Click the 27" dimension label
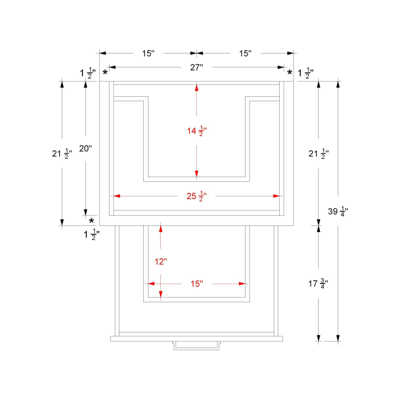pos(196,67)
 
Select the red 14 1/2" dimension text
pos(197,131)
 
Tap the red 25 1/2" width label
pos(196,196)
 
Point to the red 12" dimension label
pos(161,261)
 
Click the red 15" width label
pos(197,283)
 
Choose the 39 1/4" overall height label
pos(338,211)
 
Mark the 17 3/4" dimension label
pos(318,283)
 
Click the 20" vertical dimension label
pos(86,148)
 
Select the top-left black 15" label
pos(148,53)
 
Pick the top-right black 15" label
pos(245,53)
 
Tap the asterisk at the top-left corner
pos(105,72)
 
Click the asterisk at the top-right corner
pos(290,72)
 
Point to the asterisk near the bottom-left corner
pos(91,221)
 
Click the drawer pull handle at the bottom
pos(196,346)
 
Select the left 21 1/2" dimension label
pos(62,154)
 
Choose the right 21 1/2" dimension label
pos(319,154)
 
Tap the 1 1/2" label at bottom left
pos(91,234)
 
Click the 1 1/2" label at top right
pos(306,73)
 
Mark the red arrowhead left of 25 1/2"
pos(117,196)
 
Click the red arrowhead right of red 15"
pos(242,284)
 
